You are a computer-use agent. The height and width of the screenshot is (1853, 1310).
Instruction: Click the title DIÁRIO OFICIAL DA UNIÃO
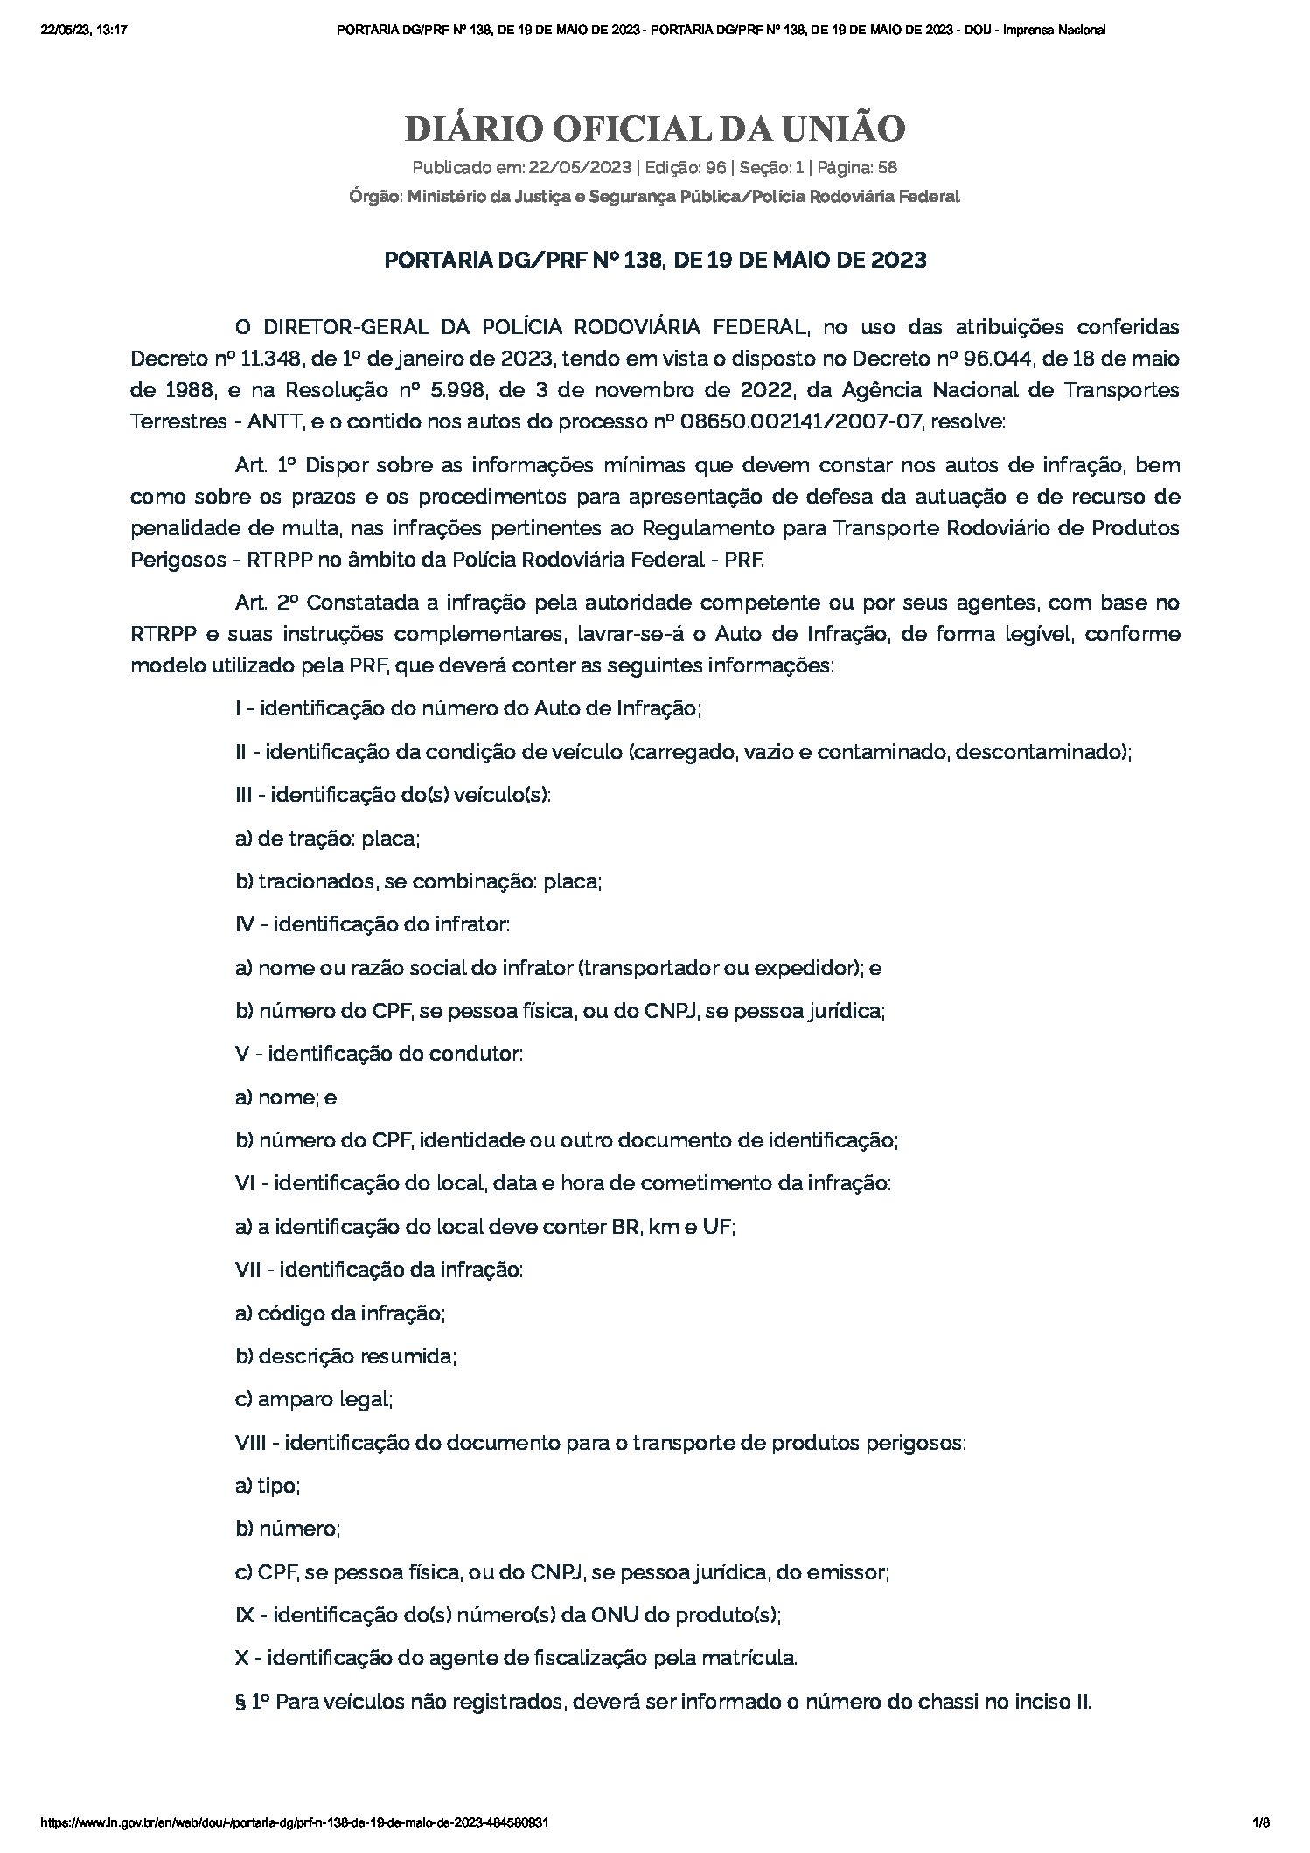coord(654,129)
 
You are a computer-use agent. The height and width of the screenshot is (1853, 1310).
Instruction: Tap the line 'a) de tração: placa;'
coord(328,838)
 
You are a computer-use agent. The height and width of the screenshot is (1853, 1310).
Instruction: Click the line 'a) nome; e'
coord(286,1097)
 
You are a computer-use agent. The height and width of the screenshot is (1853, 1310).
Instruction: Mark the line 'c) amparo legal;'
coord(314,1399)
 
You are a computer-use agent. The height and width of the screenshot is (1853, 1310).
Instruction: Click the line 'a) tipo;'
coord(268,1486)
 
